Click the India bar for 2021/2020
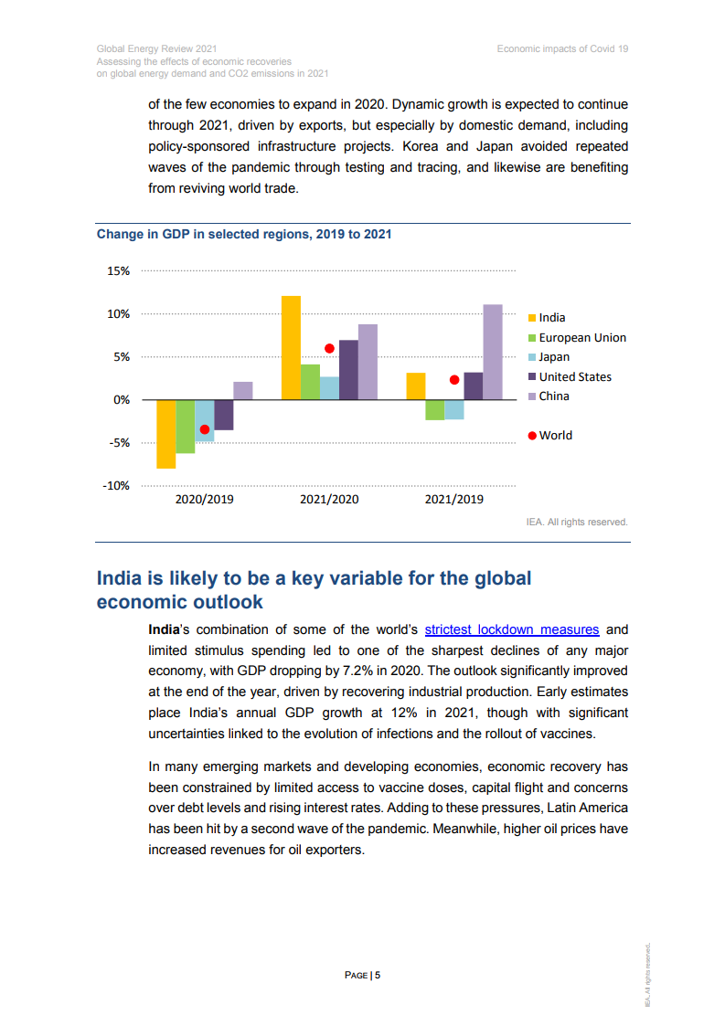pos(291,347)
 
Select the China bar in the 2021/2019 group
pos(493,352)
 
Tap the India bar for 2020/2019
pos(165,434)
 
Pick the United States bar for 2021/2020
pos(348,369)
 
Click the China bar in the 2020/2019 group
pos(242,391)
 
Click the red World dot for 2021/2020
pos(329,348)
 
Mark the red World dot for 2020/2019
pos(205,429)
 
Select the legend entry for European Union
pos(581,338)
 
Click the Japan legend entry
pos(553,357)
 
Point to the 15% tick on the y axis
pos(119,271)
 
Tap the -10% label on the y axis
pos(116,486)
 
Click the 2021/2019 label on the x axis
pos(454,500)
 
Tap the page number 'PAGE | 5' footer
pos(362,976)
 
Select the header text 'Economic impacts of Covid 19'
pos(562,48)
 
